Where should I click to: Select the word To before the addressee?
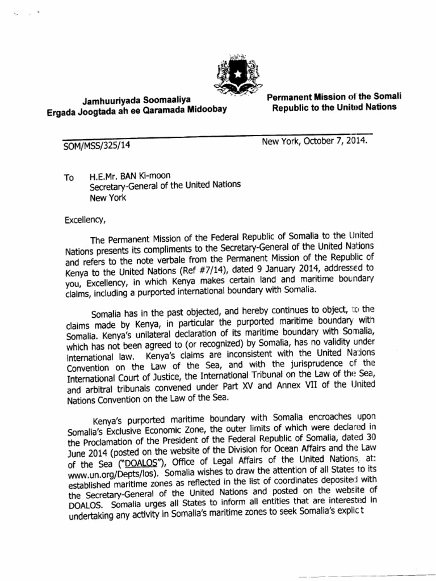[69, 178]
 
